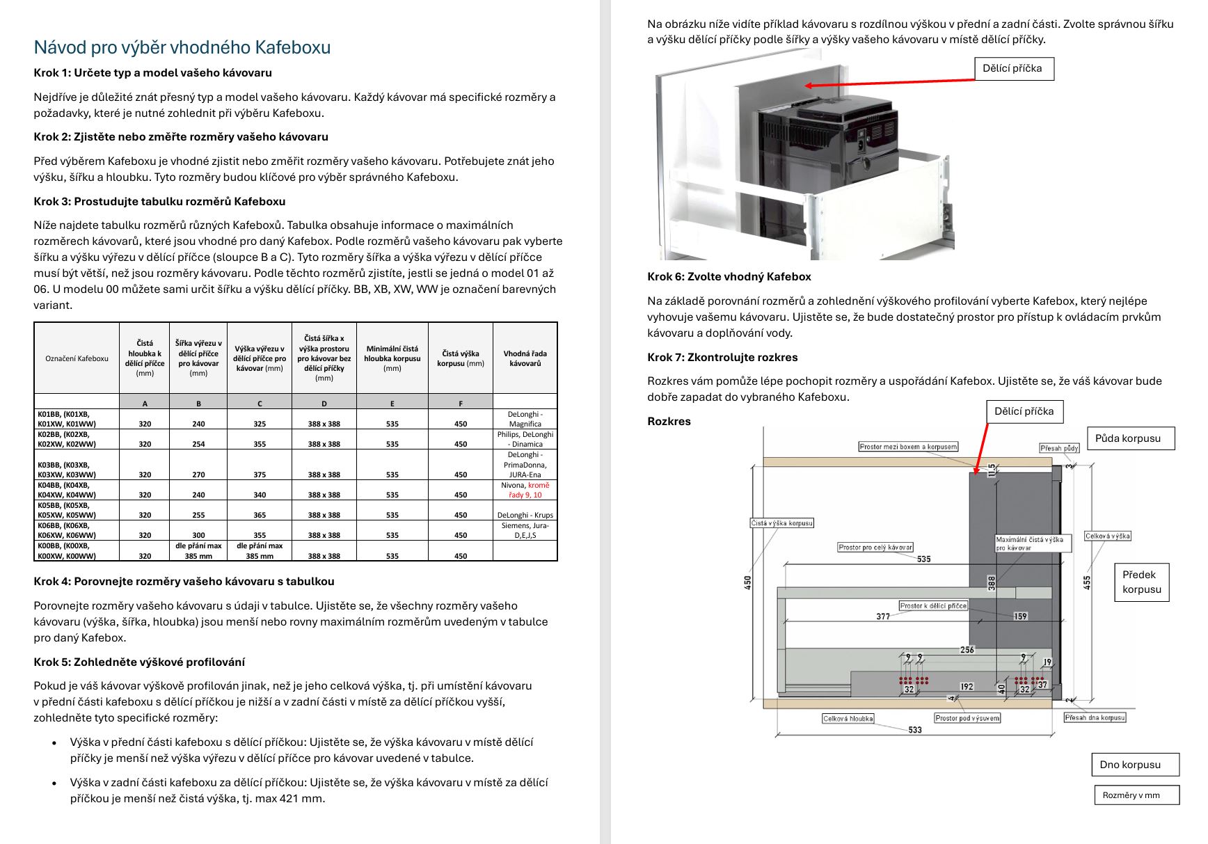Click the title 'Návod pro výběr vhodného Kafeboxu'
(x=182, y=47)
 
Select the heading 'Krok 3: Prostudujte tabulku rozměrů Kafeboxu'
(x=159, y=201)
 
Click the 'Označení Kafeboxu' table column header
(x=77, y=358)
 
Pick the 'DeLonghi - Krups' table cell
(x=525, y=515)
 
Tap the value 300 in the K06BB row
(x=198, y=535)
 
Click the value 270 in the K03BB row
(x=198, y=475)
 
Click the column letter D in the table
(x=324, y=404)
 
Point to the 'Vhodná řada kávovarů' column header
(x=525, y=358)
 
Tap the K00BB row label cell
(x=77, y=551)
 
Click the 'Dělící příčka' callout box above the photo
(x=1012, y=68)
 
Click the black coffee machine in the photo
(x=828, y=146)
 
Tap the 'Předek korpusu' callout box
(x=1141, y=582)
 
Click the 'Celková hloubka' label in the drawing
(x=848, y=719)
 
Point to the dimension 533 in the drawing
(x=914, y=730)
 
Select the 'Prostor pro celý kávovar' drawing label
(x=875, y=548)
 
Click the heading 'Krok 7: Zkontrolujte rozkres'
(x=722, y=357)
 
